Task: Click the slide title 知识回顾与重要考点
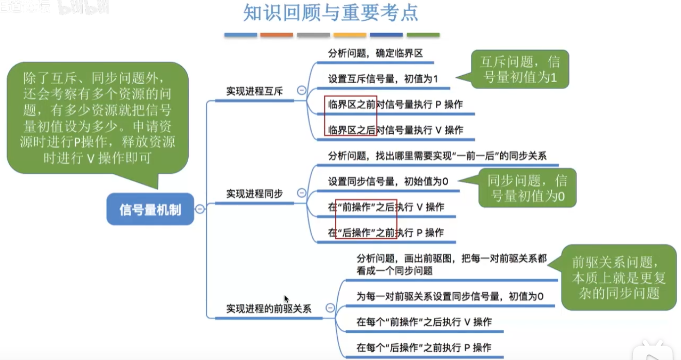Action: coord(330,13)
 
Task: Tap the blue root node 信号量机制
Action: coord(150,209)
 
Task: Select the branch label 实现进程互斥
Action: coord(254,92)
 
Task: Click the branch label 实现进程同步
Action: coord(254,194)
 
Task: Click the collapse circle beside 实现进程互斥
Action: coord(301,90)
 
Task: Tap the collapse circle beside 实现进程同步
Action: coord(301,193)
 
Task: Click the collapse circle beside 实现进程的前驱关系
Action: coord(330,308)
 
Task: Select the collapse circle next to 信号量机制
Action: coord(199,209)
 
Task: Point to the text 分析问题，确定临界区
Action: coord(375,53)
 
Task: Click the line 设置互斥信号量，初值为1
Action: coord(383,79)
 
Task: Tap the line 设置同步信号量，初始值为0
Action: coord(388,182)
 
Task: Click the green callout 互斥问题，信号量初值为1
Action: coord(520,69)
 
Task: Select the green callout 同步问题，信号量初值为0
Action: coord(527,188)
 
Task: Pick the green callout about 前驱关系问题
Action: coord(619,277)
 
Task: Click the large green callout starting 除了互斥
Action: coord(98,118)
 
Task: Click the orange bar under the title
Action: coord(277,35)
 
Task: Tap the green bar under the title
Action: coord(423,35)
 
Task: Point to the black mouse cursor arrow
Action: coord(286,299)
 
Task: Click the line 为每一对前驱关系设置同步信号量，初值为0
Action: coord(450,297)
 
